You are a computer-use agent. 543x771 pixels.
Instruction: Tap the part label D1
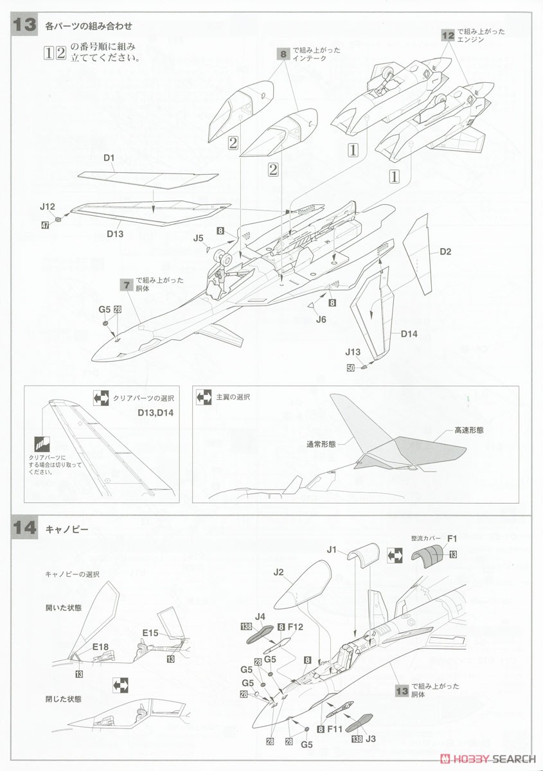click(x=108, y=158)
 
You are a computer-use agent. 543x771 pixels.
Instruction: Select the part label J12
click(x=47, y=207)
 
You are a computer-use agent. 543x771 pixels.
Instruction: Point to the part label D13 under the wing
click(x=115, y=234)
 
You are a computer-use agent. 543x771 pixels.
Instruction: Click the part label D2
click(x=445, y=252)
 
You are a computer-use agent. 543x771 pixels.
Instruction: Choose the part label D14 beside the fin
click(x=409, y=333)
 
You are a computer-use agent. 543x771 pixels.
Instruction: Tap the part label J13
click(x=353, y=352)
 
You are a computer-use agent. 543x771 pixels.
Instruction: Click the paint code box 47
click(x=45, y=226)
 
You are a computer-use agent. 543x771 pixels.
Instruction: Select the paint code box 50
click(x=350, y=368)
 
